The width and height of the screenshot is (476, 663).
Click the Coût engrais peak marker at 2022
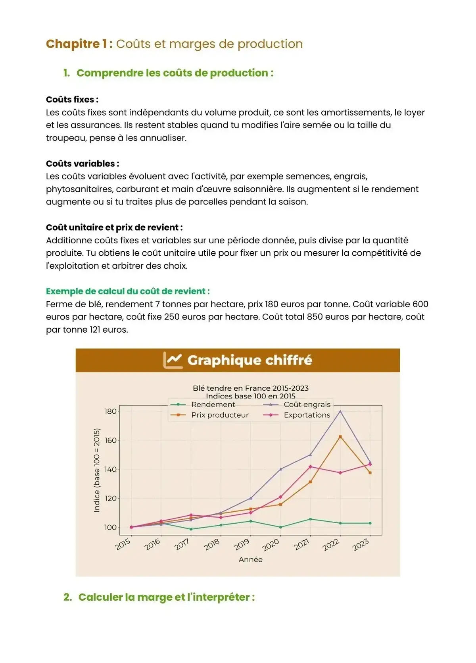click(340, 411)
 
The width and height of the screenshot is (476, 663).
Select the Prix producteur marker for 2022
click(340, 437)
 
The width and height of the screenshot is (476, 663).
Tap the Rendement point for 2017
click(191, 529)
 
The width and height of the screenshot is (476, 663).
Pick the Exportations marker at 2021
click(310, 466)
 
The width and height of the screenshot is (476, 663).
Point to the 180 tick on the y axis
click(111, 411)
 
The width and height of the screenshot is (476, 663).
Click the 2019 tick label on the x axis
click(242, 544)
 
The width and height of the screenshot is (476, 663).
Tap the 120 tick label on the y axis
click(111, 498)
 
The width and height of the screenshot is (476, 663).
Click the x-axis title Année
click(251, 559)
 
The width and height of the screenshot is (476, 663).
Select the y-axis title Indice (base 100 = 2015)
click(97, 470)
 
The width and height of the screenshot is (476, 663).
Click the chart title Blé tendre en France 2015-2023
click(251, 388)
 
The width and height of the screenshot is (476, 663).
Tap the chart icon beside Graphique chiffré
click(173, 360)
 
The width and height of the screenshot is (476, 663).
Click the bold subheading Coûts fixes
click(72, 100)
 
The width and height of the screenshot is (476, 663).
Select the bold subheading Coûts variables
click(83, 164)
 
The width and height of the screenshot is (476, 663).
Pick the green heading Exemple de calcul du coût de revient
click(128, 291)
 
